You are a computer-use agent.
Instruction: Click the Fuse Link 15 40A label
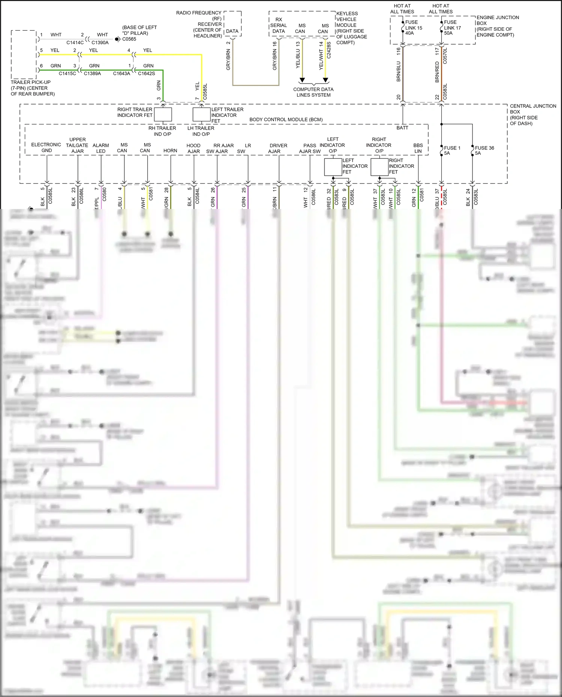pyautogui.click(x=413, y=28)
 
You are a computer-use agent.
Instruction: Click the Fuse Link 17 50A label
pyautogui.click(x=452, y=28)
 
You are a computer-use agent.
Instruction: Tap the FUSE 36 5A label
pyautogui.click(x=484, y=151)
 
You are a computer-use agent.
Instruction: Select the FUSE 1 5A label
pyautogui.click(x=452, y=151)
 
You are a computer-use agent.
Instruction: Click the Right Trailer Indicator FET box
pyautogui.click(x=163, y=114)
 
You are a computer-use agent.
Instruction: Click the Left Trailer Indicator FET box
pyautogui.click(x=202, y=114)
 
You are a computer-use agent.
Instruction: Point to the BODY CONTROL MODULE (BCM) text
pyautogui.click(x=286, y=119)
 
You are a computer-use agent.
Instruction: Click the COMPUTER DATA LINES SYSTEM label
pyautogui.click(x=313, y=92)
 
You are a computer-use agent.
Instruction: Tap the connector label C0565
pyautogui.click(x=129, y=39)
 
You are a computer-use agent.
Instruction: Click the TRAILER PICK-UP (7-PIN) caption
pyautogui.click(x=33, y=88)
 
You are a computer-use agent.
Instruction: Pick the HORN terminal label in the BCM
pyautogui.click(x=170, y=151)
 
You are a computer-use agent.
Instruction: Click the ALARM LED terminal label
pyautogui.click(x=101, y=148)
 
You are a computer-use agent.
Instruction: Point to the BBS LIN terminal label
pyautogui.click(x=418, y=148)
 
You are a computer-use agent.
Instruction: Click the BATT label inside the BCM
pyautogui.click(x=402, y=128)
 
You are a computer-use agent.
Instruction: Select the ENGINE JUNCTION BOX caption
pyautogui.click(x=497, y=26)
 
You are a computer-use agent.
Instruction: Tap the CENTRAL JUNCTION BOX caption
pyautogui.click(x=532, y=115)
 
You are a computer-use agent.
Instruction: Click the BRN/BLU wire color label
pyautogui.click(x=399, y=72)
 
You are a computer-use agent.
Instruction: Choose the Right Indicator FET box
pyautogui.click(x=380, y=167)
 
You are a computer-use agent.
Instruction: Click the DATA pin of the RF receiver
pyautogui.click(x=232, y=31)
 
